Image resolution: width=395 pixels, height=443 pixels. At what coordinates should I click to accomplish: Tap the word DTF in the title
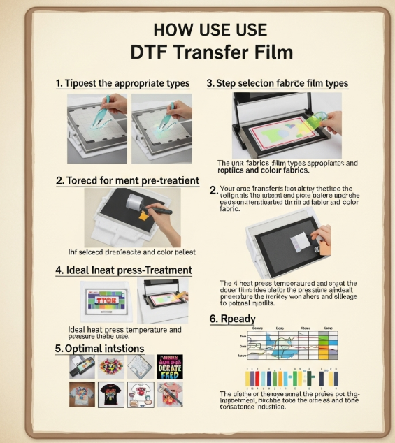click(x=150, y=52)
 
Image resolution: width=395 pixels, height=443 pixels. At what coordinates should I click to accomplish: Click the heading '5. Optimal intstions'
click(x=99, y=348)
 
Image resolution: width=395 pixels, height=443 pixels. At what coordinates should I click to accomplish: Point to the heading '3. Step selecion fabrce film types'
click(x=277, y=83)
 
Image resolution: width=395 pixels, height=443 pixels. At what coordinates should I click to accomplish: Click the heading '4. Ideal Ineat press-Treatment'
click(x=124, y=270)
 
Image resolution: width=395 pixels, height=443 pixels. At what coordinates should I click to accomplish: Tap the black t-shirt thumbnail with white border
click(x=111, y=395)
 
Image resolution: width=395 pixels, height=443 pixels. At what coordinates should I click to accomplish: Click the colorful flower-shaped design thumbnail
click(x=112, y=366)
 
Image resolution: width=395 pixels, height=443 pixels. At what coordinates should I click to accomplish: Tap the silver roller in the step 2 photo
click(x=133, y=202)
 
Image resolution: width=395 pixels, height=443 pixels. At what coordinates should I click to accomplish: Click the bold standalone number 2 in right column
click(x=213, y=190)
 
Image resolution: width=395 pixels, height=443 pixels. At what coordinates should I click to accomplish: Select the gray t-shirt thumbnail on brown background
click(x=82, y=395)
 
